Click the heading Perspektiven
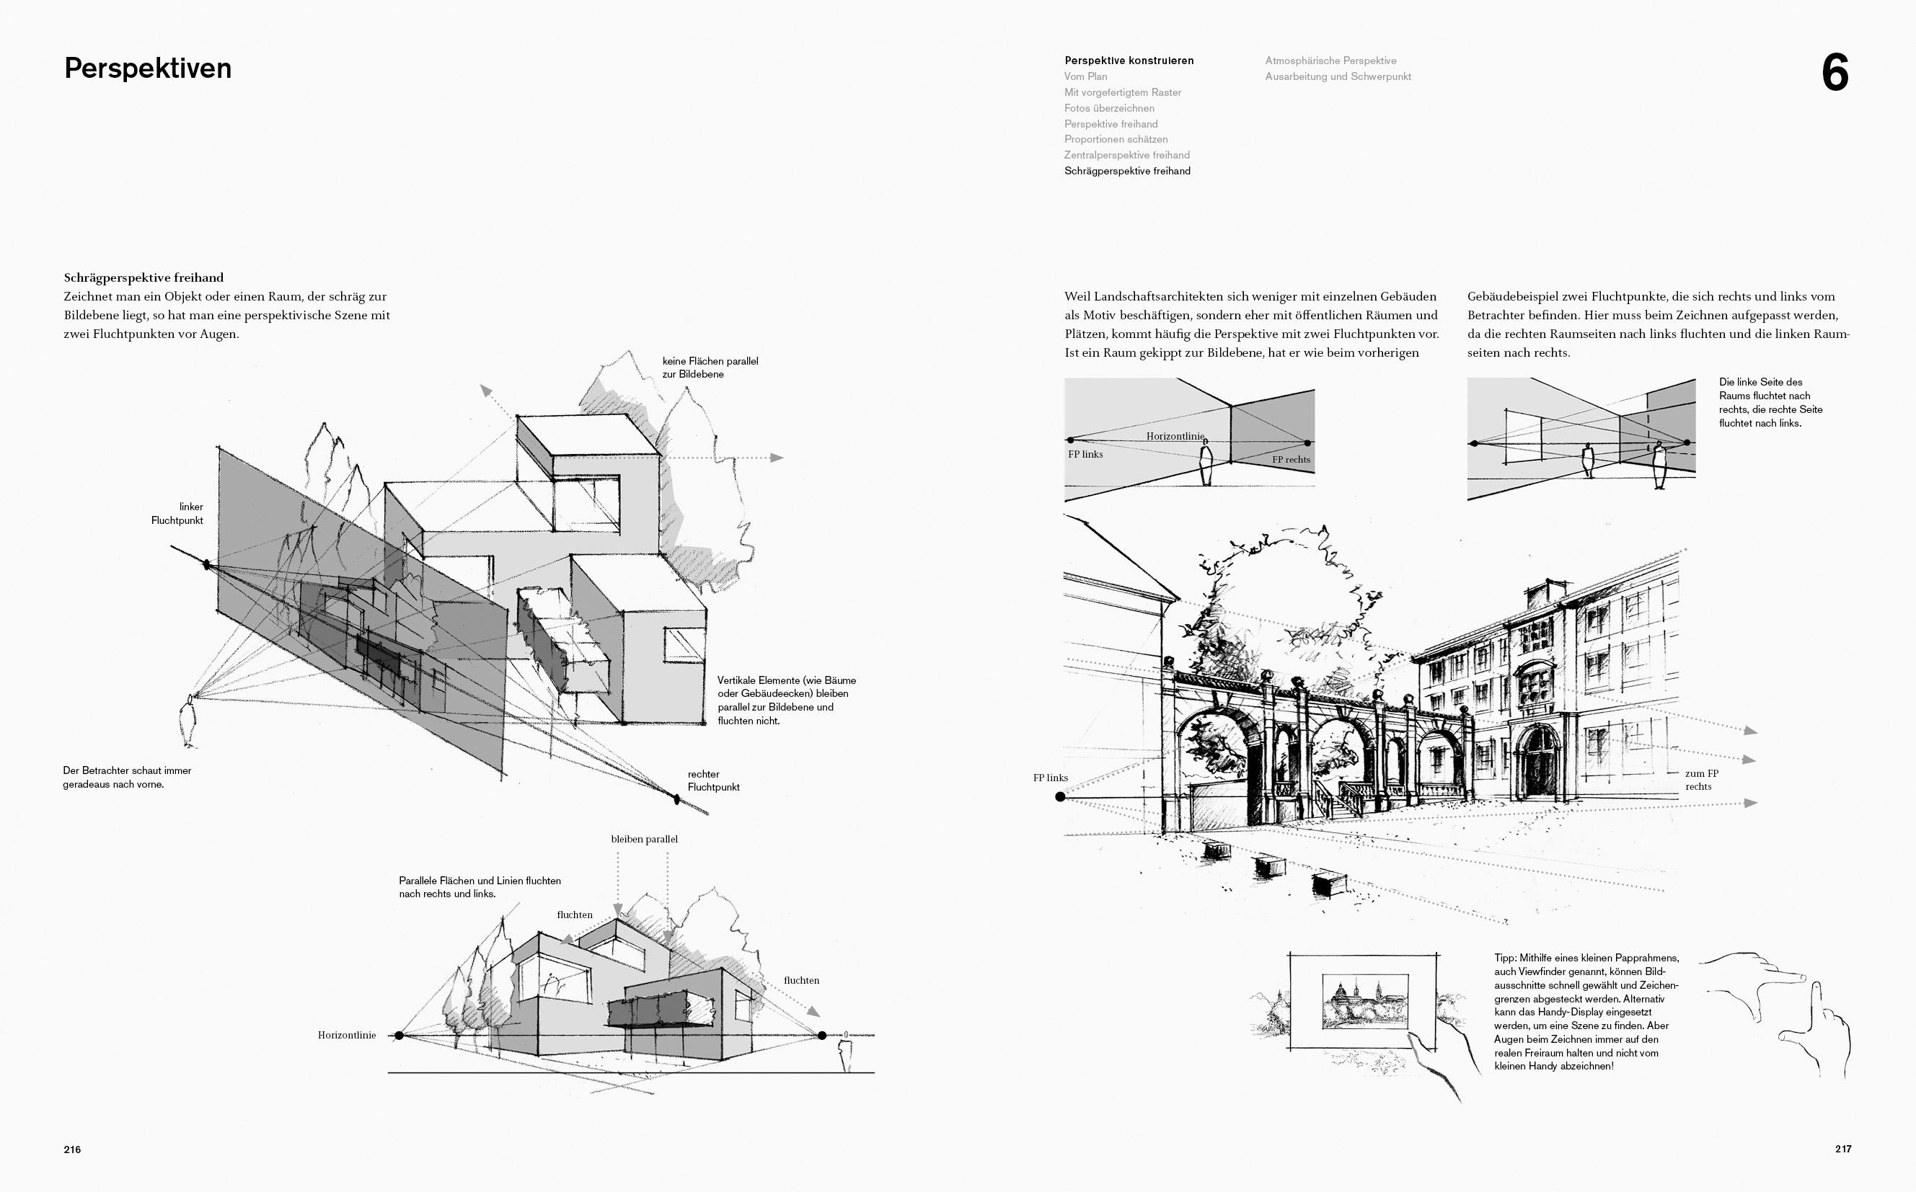[x=148, y=68]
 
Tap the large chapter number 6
[x=1835, y=74]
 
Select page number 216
[x=73, y=1149]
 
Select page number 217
[x=1842, y=1149]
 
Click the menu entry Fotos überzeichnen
[x=1109, y=108]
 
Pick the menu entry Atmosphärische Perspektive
[x=1330, y=61]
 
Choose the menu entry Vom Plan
[x=1085, y=76]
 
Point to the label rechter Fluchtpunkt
[x=713, y=780]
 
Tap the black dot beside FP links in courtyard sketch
[x=1060, y=797]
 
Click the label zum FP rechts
[x=1701, y=780]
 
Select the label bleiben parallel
[x=645, y=840]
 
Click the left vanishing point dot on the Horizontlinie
[x=399, y=1035]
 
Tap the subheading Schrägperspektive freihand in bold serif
[x=144, y=277]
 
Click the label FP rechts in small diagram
[x=1291, y=460]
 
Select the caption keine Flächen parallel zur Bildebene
[x=710, y=368]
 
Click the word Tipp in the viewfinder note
[x=1505, y=958]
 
